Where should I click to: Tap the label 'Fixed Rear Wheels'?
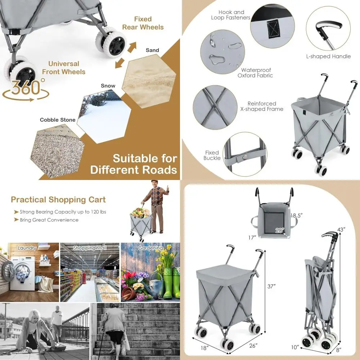click(143, 23)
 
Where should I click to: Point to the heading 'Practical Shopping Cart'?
click(58, 200)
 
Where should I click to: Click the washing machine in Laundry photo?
click(22, 274)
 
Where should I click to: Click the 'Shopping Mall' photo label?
click(89, 248)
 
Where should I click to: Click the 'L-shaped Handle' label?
click(328, 57)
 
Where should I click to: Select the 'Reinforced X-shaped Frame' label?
click(262, 106)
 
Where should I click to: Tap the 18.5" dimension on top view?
click(297, 215)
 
